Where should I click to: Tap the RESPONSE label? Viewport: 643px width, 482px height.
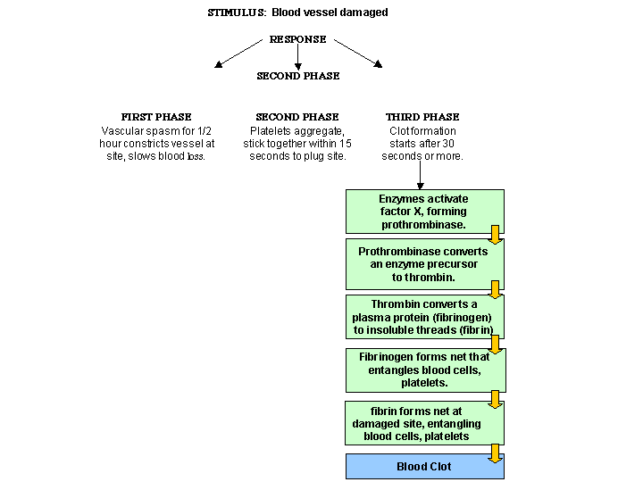[297, 39]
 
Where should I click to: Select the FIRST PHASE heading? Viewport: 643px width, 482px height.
[156, 117]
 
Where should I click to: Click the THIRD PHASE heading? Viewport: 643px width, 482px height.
[422, 117]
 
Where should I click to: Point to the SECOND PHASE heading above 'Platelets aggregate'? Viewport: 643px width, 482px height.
[297, 117]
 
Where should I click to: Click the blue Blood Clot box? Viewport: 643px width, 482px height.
[425, 467]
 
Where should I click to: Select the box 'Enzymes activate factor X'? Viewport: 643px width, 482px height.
[425, 212]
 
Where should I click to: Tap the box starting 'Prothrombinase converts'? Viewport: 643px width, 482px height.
[425, 264]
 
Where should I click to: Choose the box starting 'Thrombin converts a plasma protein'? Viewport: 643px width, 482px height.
[425, 317]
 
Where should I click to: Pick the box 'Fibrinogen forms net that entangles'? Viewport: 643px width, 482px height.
[426, 370]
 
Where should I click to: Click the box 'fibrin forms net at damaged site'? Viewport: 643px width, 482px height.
[424, 423]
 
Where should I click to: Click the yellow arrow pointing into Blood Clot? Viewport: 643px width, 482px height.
[496, 453]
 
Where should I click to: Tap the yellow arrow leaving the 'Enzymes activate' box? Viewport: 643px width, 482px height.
[496, 235]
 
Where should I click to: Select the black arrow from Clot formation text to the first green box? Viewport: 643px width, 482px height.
[420, 175]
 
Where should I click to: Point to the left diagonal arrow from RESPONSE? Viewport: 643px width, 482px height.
[238, 54]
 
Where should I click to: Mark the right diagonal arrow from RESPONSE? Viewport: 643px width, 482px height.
[358, 54]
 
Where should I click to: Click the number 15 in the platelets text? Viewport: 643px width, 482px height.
[346, 144]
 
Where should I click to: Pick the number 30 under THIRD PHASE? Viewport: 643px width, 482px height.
[448, 144]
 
